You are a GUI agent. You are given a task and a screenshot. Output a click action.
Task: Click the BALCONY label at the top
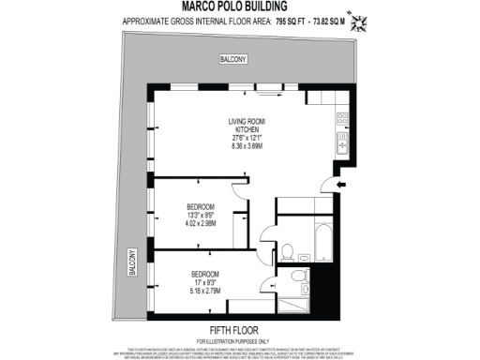232,59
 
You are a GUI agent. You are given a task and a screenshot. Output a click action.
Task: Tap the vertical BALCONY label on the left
130,262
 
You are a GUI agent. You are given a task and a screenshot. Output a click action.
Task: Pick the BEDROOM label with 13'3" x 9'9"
201,207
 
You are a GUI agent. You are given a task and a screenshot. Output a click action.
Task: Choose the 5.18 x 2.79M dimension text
202,292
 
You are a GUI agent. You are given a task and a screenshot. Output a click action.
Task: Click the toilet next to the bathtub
289,250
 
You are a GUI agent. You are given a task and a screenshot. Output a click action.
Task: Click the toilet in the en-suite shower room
297,275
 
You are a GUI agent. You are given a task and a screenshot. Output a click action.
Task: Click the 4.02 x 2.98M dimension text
201,224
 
